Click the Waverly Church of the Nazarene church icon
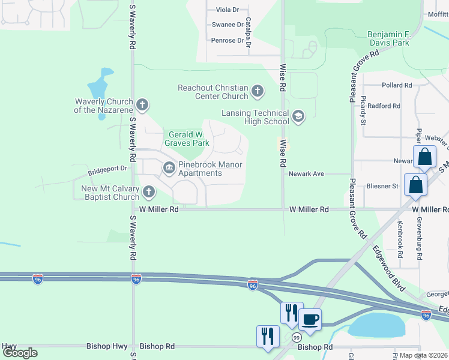[142, 106]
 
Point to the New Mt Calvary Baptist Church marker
[148, 193]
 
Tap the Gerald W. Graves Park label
[188, 139]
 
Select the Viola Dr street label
[227, 10]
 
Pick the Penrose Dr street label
[227, 41]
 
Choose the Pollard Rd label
[396, 85]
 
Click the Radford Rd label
[384, 106]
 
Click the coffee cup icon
[310, 320]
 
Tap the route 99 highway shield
[296, 338]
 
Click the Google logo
[20, 353]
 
